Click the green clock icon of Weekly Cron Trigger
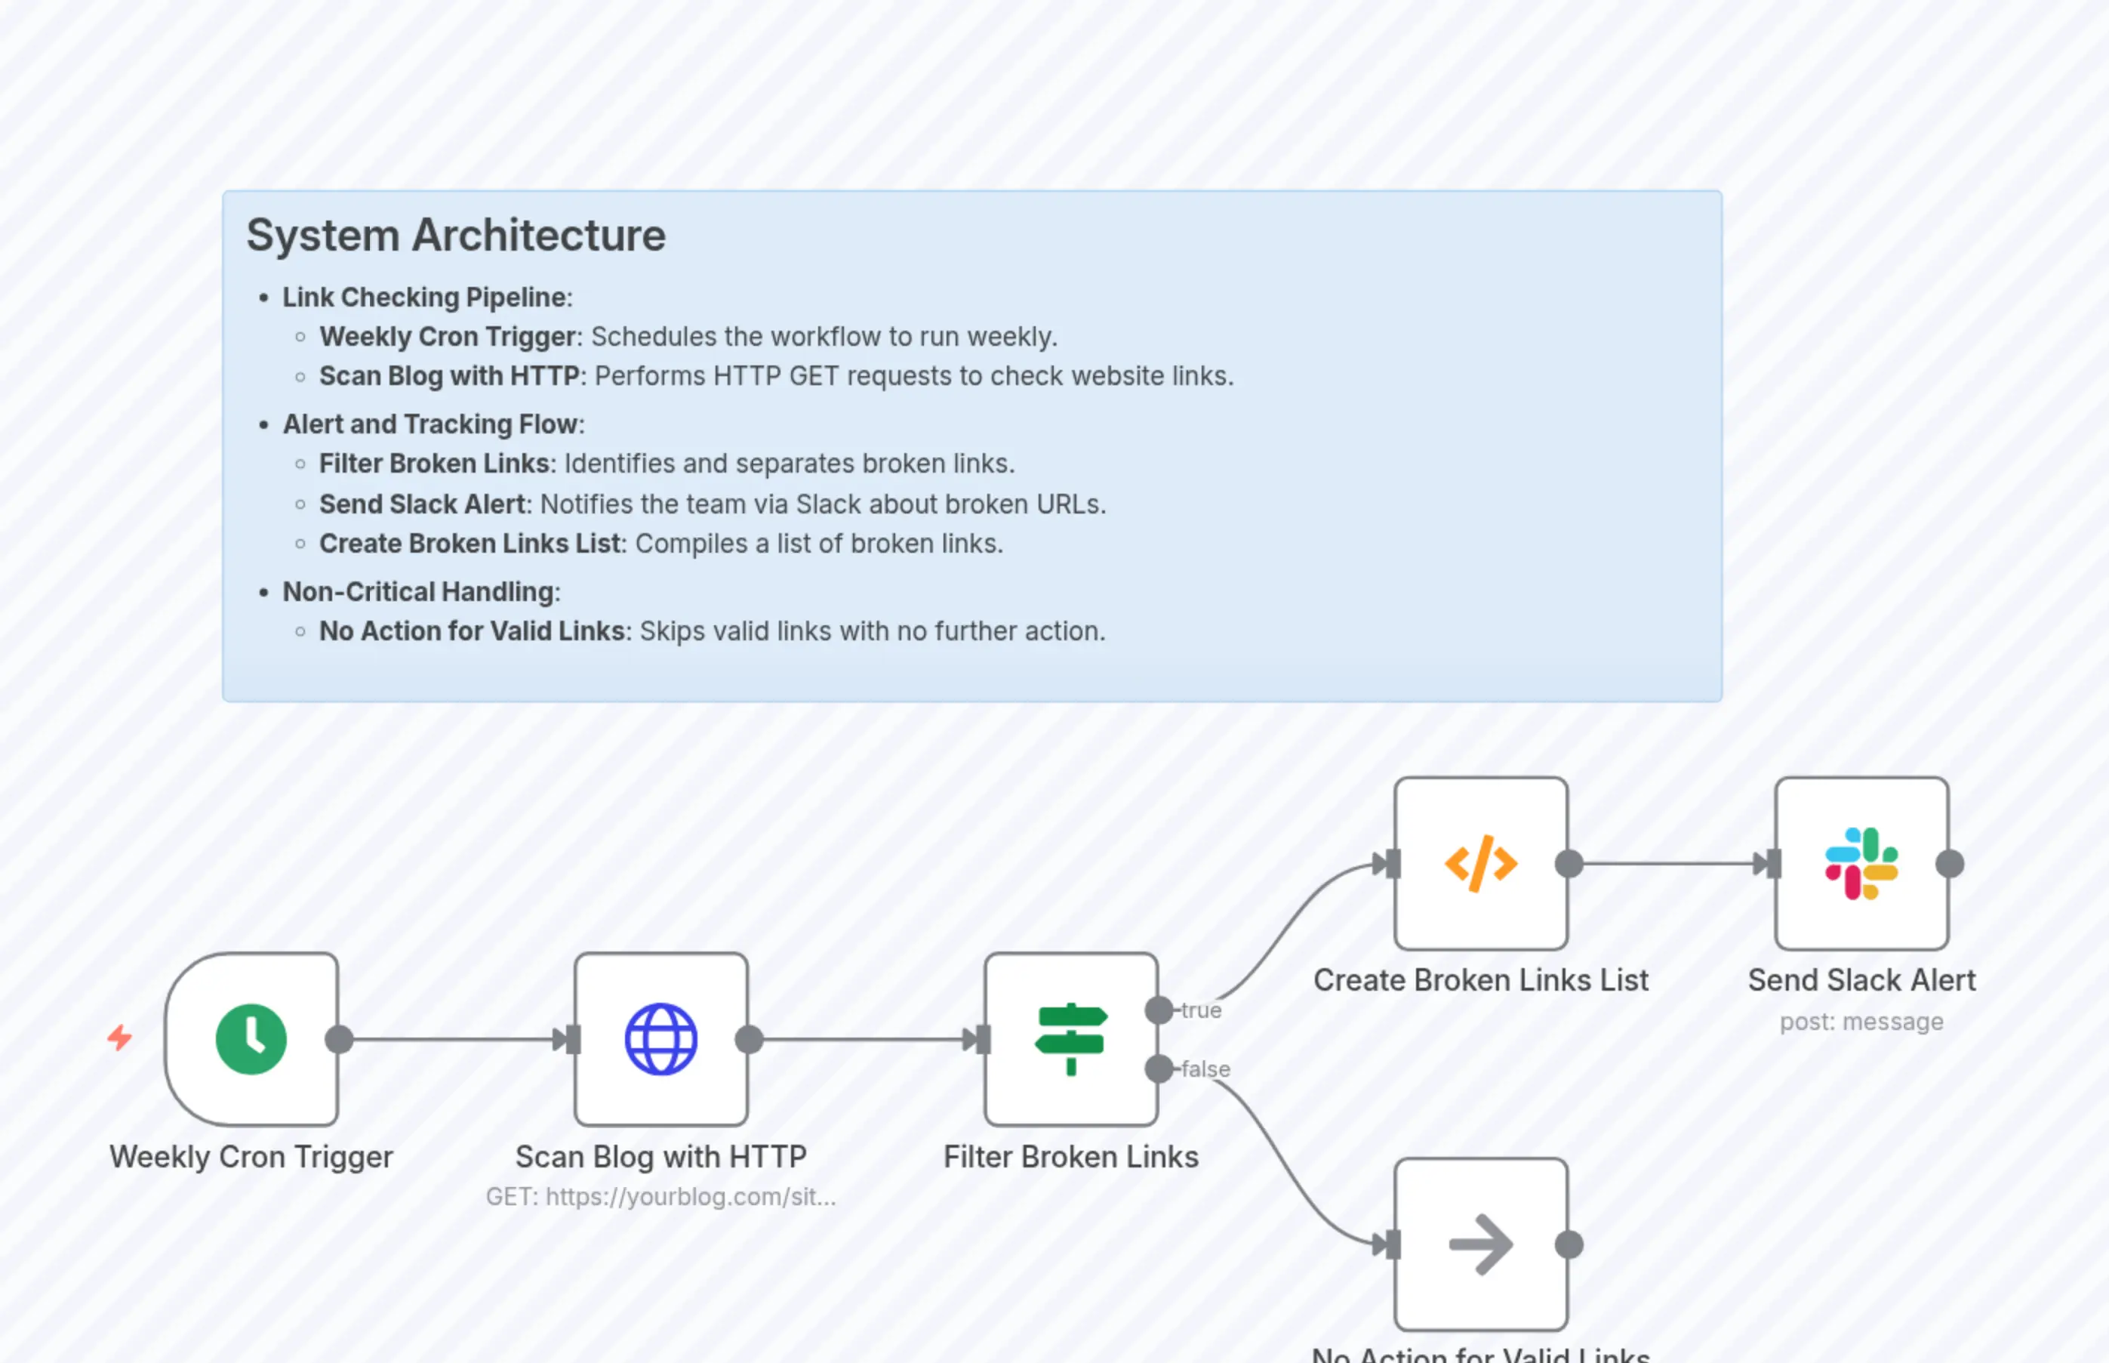pos(251,1039)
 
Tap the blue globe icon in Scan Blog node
pos(660,1039)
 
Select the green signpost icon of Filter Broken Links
pos(1071,1039)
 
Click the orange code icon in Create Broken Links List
pos(1481,864)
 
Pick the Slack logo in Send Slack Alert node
pos(1861,864)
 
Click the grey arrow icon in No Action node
pos(1481,1244)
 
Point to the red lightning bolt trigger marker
pos(120,1038)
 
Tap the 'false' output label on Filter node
pos(1205,1069)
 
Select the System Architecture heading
pos(456,236)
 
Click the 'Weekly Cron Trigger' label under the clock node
pos(251,1157)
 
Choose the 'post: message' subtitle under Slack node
pos(1861,1022)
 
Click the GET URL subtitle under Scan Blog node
pos(660,1197)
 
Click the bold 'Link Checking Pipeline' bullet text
pos(426,298)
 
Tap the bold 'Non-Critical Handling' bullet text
pos(420,592)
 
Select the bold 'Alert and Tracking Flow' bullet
pos(433,425)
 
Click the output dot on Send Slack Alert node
pos(1950,864)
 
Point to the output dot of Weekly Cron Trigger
pos(340,1039)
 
